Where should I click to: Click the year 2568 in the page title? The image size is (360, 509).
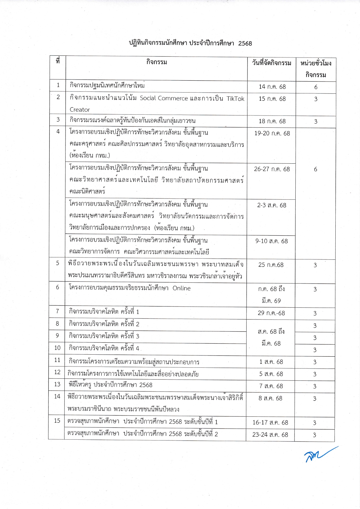tap(245, 44)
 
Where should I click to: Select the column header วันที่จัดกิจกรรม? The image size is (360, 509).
tap(272, 63)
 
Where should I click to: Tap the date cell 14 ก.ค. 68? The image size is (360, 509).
tap(272, 87)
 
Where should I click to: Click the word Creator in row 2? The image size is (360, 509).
tap(80, 110)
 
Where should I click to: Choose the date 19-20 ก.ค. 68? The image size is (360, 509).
tap(272, 133)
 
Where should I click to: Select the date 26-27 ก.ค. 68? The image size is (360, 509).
tap(272, 169)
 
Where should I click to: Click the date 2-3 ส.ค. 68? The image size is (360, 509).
tap(272, 205)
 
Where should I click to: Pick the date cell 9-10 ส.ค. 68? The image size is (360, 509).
tap(272, 241)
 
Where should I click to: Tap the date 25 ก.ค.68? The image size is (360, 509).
tap(271, 265)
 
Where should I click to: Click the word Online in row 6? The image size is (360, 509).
tap(182, 288)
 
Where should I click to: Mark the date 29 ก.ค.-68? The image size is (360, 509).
tap(271, 313)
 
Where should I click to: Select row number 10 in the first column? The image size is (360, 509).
tap(57, 348)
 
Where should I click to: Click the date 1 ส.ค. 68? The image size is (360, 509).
tap(271, 362)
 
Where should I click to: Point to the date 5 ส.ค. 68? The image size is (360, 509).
tap(271, 374)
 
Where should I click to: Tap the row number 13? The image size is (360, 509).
tap(57, 384)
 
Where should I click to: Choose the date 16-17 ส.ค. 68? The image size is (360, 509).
tap(270, 423)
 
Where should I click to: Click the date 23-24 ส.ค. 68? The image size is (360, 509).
tap(270, 435)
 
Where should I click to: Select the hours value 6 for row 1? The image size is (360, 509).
tap(316, 87)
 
